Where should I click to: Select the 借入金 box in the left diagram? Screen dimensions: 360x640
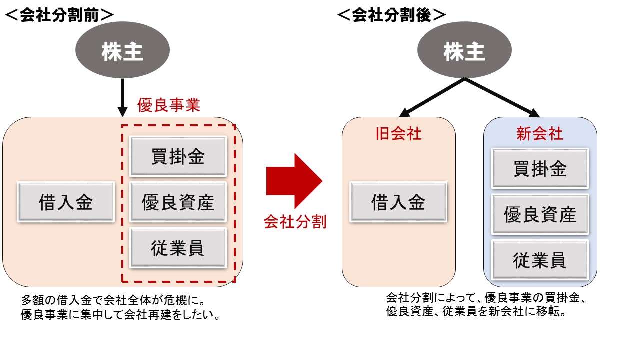point(66,202)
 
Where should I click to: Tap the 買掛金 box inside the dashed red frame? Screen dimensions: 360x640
point(177,156)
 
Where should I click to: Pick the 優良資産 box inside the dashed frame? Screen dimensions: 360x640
point(177,202)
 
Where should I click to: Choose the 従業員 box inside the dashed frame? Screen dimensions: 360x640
point(177,248)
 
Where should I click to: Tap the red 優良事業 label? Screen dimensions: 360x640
point(169,106)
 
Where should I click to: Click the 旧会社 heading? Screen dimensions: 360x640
point(398,134)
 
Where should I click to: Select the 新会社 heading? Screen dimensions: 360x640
point(540,134)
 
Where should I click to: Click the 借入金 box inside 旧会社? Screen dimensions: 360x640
point(398,202)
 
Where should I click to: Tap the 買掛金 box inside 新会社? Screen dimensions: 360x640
point(540,168)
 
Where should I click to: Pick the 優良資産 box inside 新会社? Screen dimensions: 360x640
point(540,214)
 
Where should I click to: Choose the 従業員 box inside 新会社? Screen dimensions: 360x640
point(540,260)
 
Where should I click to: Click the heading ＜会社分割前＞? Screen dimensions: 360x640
point(59,15)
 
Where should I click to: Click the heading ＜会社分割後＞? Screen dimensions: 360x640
point(391,15)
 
